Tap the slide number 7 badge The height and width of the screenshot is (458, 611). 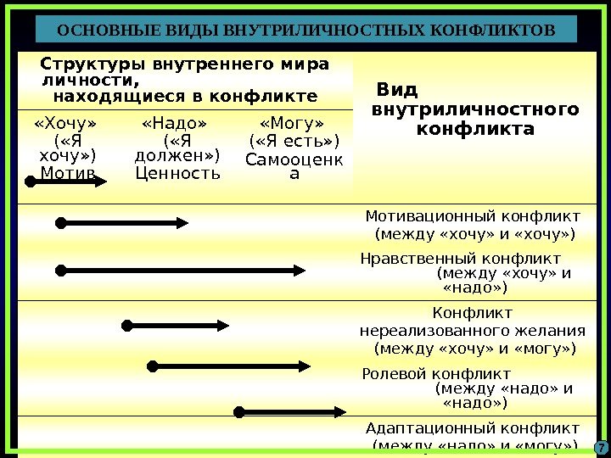[599, 448]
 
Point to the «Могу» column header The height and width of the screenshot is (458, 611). [292, 125]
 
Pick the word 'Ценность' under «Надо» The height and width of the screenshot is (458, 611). [177, 174]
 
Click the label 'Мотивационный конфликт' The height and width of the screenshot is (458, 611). [473, 215]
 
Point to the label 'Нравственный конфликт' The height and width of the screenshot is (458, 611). [461, 258]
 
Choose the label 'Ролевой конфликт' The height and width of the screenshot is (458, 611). [436, 374]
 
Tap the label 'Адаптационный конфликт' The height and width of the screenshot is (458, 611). [473, 427]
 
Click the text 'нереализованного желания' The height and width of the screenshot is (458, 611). [473, 330]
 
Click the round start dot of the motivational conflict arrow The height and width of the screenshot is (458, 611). [60, 223]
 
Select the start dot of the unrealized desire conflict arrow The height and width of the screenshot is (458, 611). [127, 325]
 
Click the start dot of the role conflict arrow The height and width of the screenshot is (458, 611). [153, 366]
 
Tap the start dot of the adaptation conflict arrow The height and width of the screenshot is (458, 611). [239, 412]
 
